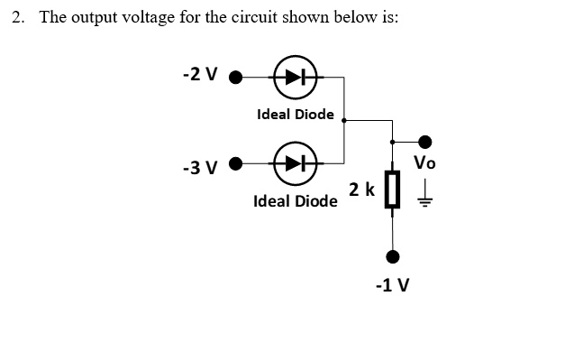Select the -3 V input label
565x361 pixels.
[199, 168]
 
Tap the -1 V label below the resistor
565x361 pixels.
[392, 285]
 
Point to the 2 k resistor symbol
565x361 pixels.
[391, 190]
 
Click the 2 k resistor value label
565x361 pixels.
[362, 190]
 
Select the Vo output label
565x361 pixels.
[425, 163]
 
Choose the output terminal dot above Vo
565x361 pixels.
[425, 142]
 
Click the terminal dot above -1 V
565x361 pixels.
[391, 255]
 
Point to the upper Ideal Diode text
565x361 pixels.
[295, 115]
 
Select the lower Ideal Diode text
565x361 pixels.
[295, 200]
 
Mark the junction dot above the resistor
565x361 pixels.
[391, 142]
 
